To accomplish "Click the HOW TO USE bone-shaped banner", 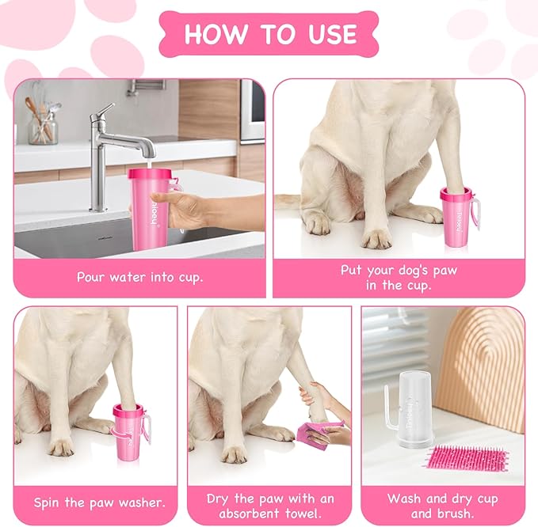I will click(269, 34).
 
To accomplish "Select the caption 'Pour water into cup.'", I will click(139, 277).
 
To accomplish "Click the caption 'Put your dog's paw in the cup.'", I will click(399, 278).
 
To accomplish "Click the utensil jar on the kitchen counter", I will click(42, 127).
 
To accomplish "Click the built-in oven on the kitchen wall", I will click(253, 111).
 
